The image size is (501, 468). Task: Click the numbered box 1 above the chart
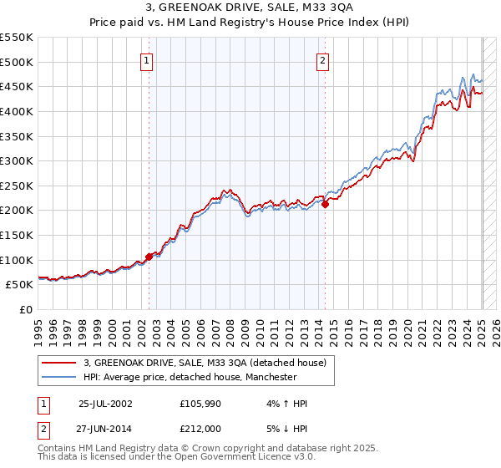[147, 59]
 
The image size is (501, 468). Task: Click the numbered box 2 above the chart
[322, 59]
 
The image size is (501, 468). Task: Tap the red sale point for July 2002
[149, 257]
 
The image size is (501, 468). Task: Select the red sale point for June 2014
[325, 205]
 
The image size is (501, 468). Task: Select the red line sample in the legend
[59, 362]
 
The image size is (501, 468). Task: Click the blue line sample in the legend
[59, 377]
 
